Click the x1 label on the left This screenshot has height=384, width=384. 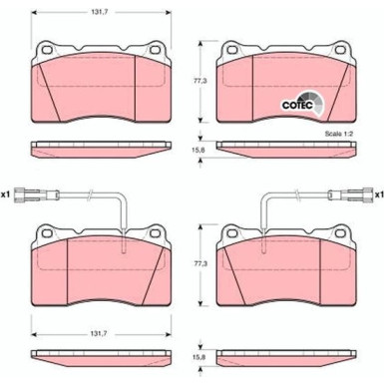(x=6, y=194)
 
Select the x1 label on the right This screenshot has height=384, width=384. (x=379, y=194)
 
